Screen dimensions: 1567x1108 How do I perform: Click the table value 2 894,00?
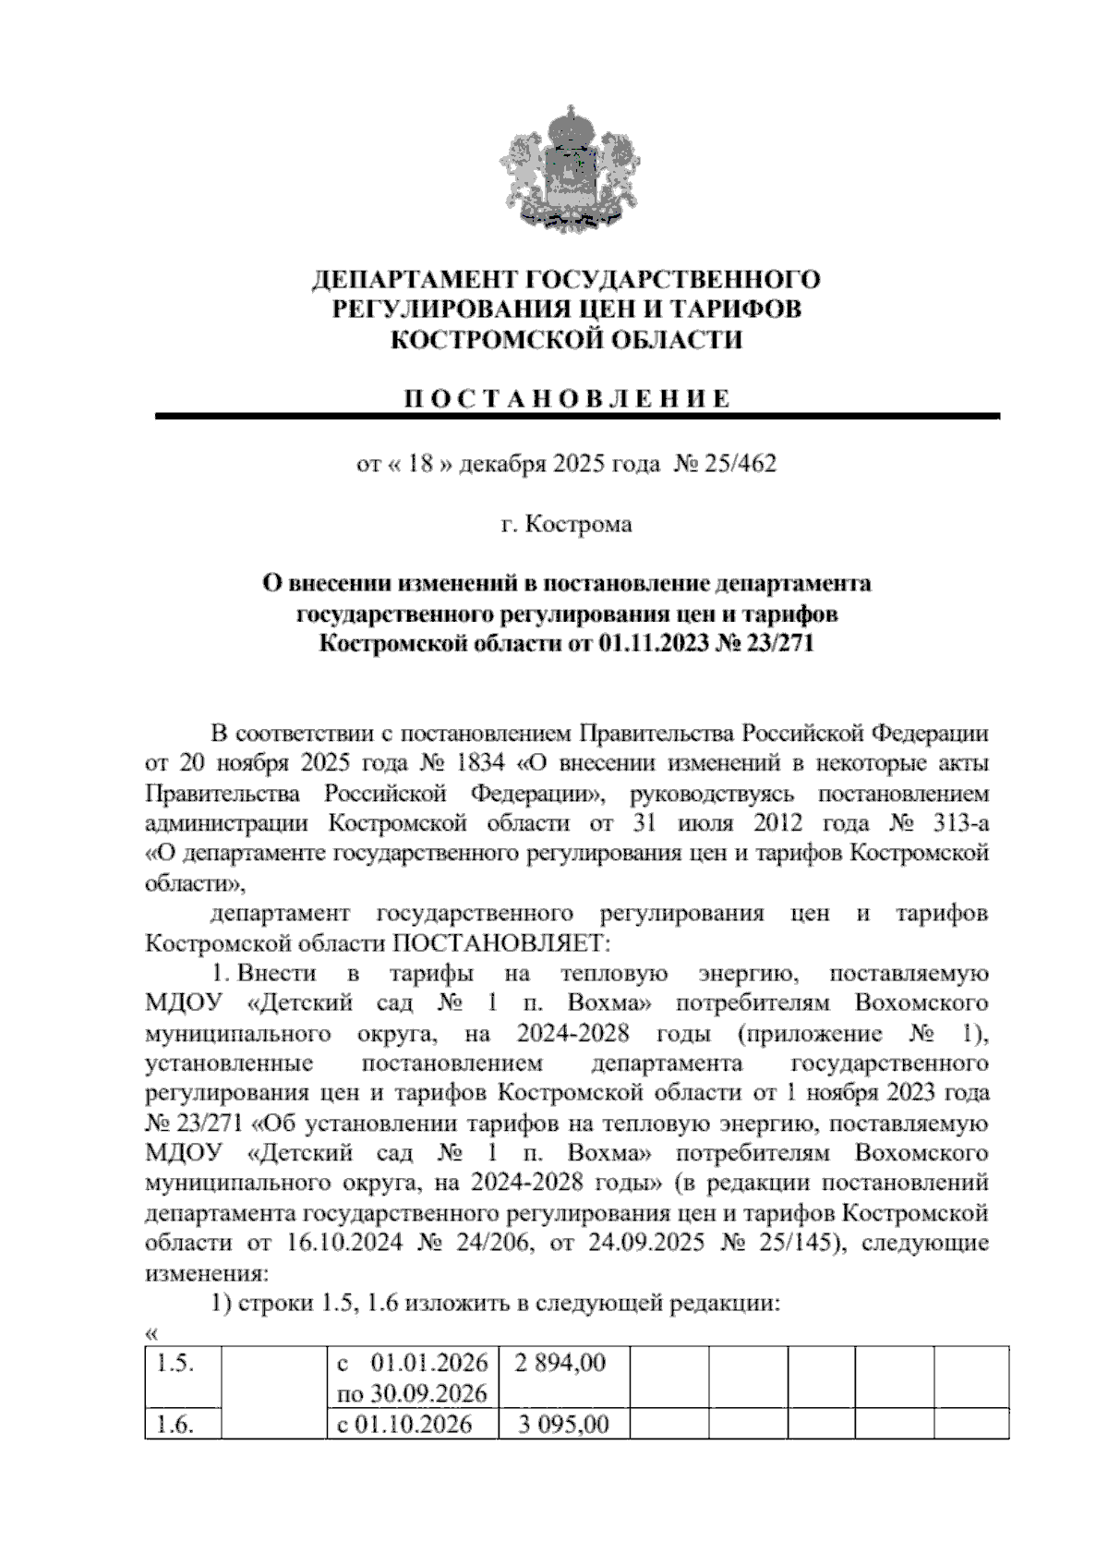click(561, 1363)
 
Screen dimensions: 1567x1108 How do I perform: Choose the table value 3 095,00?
click(563, 1424)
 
